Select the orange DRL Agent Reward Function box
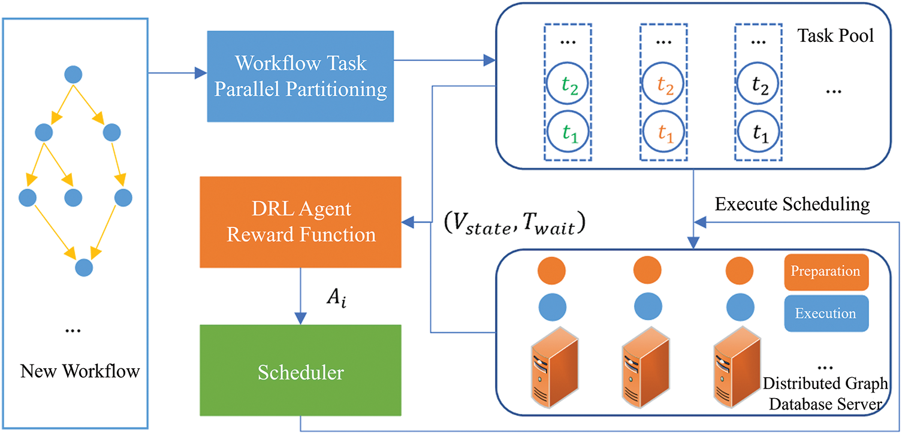(300, 221)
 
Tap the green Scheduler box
(300, 371)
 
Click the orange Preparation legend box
(825, 272)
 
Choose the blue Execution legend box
(825, 313)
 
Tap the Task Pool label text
(835, 36)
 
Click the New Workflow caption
(80, 372)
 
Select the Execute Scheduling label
(792, 205)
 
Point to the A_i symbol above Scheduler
(336, 297)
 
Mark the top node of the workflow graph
(73, 74)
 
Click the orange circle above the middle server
(646, 271)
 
